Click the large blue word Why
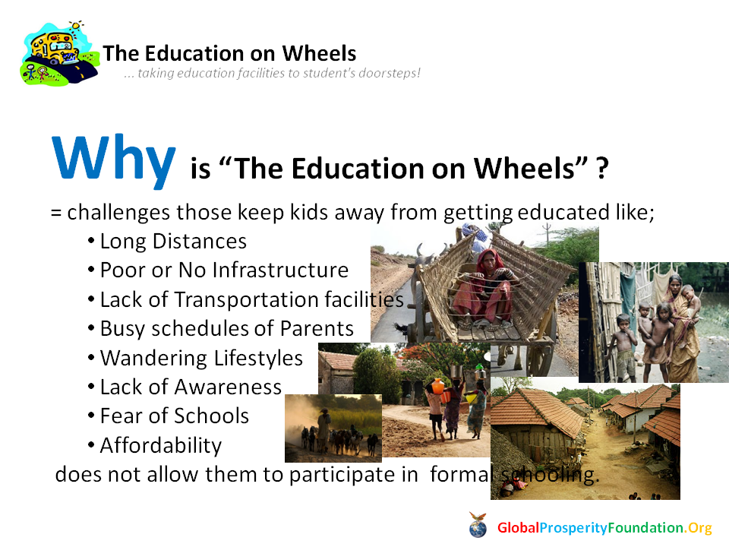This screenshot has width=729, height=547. tap(114, 160)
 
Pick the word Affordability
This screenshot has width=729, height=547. tap(161, 446)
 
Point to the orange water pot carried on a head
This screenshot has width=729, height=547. tap(438, 386)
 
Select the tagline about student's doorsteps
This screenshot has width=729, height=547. tap(273, 73)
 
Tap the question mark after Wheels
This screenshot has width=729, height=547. tap(602, 168)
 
